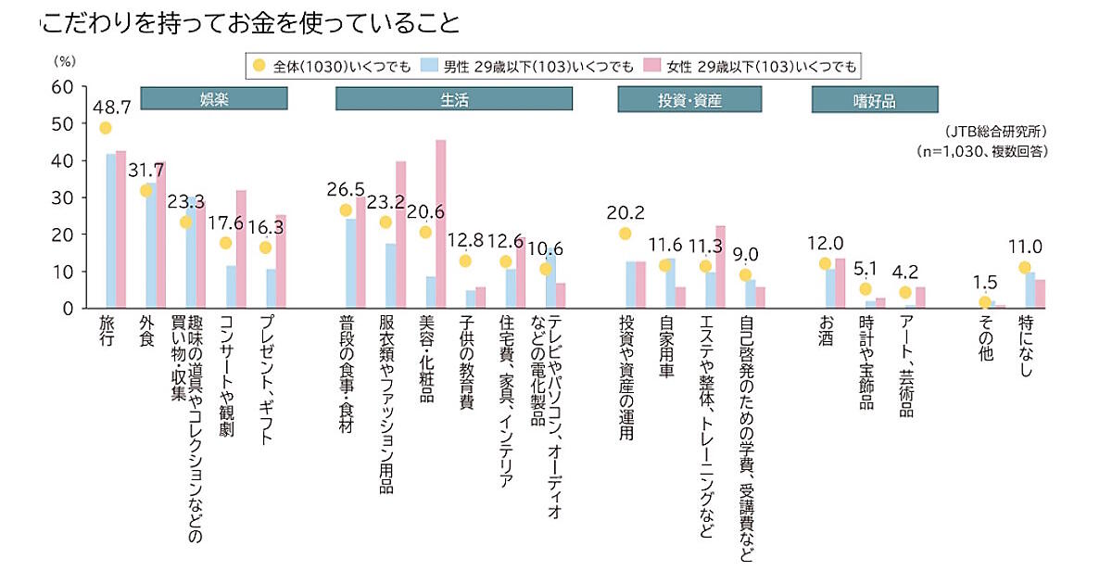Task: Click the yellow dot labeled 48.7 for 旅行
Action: [x=105, y=128]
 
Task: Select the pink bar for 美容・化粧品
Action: [x=441, y=223]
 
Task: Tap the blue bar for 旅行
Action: [x=110, y=231]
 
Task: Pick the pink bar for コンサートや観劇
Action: [x=241, y=248]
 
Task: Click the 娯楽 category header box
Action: [x=214, y=98]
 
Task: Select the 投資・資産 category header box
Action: [x=689, y=98]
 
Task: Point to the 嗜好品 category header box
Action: [x=875, y=98]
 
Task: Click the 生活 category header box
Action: [x=454, y=98]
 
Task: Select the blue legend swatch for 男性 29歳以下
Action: [x=428, y=66]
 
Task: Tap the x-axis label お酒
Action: [x=827, y=333]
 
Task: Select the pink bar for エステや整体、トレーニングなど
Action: [x=720, y=267]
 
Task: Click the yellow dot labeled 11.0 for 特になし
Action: [x=1024, y=268]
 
